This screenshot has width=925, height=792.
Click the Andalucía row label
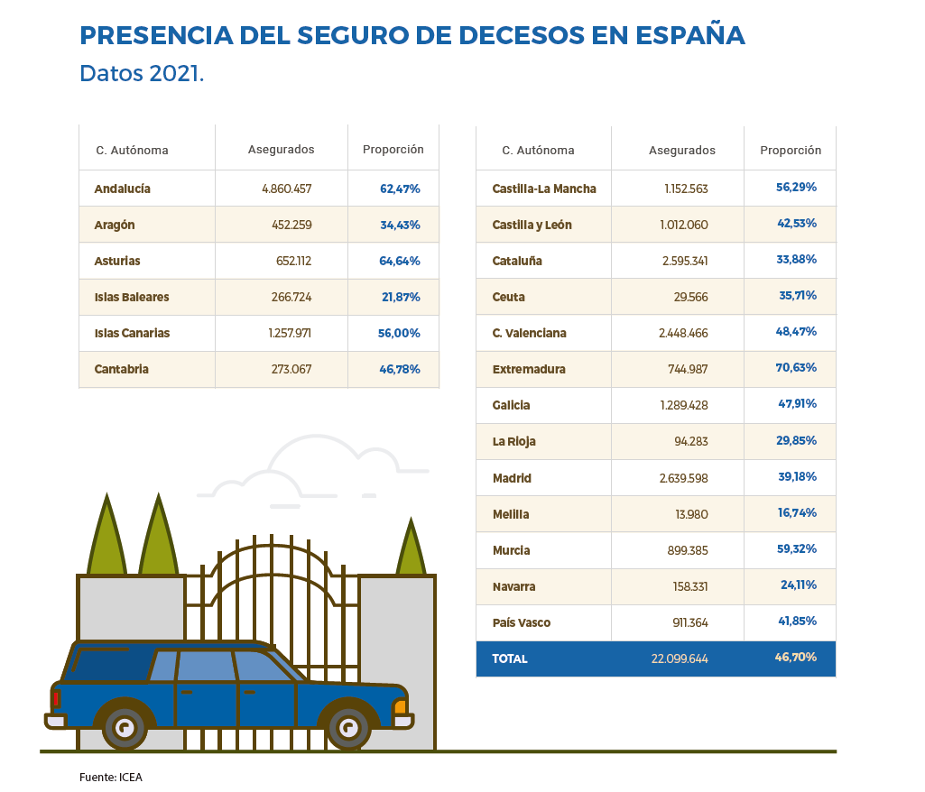(x=122, y=189)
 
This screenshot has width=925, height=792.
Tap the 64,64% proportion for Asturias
(x=400, y=261)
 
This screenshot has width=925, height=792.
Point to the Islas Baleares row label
(x=132, y=297)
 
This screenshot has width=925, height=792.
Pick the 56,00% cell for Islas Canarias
(x=399, y=333)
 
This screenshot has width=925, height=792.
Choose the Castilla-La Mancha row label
(x=544, y=189)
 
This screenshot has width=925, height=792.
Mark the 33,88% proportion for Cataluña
(x=797, y=260)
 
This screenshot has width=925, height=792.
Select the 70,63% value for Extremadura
(x=797, y=368)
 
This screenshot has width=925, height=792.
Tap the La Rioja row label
(x=514, y=442)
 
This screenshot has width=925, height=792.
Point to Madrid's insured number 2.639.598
(x=683, y=478)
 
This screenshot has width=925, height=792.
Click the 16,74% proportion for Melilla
(x=797, y=513)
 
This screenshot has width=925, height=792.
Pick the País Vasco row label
(x=522, y=622)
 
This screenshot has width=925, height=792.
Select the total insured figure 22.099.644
(x=679, y=658)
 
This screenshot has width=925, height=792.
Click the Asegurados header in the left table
(x=281, y=150)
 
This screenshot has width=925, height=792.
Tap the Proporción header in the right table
(x=791, y=151)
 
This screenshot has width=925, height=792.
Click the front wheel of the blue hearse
(x=347, y=724)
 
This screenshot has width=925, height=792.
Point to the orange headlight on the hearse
(x=400, y=706)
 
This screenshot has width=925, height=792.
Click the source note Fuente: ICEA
(x=111, y=777)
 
